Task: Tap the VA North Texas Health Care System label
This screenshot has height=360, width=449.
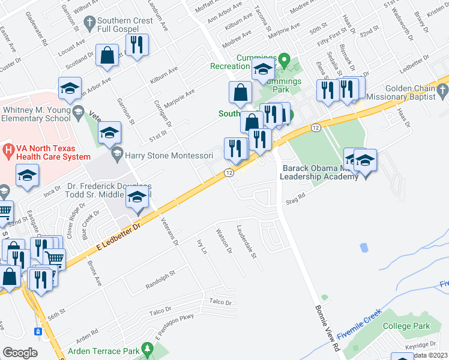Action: coord(41,152)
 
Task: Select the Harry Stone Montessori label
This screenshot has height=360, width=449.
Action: coord(169,155)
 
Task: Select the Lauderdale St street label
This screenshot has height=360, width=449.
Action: coord(247,242)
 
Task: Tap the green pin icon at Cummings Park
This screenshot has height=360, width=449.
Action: coord(286,60)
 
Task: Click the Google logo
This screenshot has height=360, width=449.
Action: coord(19,353)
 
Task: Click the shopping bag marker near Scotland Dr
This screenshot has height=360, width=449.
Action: coord(106,55)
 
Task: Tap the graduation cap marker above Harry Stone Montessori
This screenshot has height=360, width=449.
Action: coord(109,133)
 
